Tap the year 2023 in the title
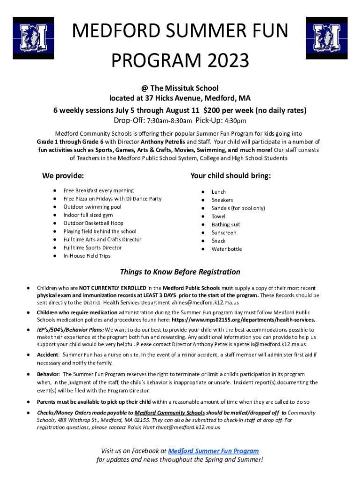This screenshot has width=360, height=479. [x=226, y=60]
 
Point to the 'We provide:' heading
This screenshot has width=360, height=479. [x=63, y=176]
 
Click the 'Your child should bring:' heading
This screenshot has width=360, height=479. [x=230, y=176]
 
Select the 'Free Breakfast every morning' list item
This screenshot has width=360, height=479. [x=98, y=190]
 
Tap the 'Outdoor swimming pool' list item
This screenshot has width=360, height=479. [x=92, y=207]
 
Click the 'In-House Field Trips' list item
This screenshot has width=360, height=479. [x=87, y=256]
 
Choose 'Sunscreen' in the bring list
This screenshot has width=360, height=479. [x=223, y=232]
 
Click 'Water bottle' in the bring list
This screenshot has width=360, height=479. [x=227, y=249]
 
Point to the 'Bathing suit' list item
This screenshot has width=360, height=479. [x=226, y=225]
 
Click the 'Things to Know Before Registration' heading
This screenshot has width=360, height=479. [x=180, y=272]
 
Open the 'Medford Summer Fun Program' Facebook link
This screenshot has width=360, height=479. [x=213, y=451]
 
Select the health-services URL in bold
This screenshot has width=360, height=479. [x=243, y=320]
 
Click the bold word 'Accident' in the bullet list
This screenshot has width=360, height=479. [x=48, y=355]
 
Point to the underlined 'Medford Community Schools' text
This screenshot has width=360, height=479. [x=169, y=413]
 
